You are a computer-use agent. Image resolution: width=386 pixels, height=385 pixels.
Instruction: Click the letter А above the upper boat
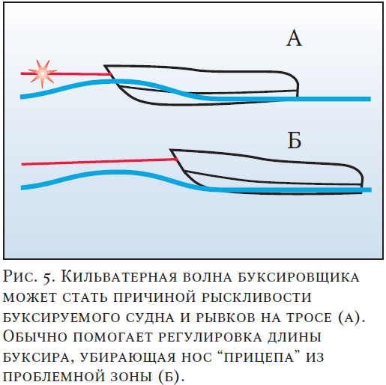click(x=294, y=39)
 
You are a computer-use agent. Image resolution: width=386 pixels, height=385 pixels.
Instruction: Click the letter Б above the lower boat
click(x=295, y=140)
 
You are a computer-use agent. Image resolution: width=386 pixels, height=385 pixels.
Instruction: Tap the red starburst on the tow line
click(x=43, y=73)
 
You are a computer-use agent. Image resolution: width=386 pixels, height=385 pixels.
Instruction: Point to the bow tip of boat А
click(x=104, y=66)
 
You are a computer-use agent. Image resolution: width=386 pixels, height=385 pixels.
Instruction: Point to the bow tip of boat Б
click(x=170, y=150)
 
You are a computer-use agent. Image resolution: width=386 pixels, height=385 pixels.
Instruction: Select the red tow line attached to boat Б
click(x=100, y=162)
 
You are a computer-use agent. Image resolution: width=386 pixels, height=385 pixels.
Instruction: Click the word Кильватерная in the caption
click(x=119, y=277)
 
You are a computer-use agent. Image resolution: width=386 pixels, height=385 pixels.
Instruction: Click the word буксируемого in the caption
click(x=61, y=318)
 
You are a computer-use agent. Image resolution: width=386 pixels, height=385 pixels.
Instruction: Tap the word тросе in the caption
click(x=310, y=318)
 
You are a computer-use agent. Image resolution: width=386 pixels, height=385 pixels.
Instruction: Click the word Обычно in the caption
click(x=35, y=337)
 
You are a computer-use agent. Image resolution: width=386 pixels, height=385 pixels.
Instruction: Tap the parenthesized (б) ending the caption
click(x=169, y=377)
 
